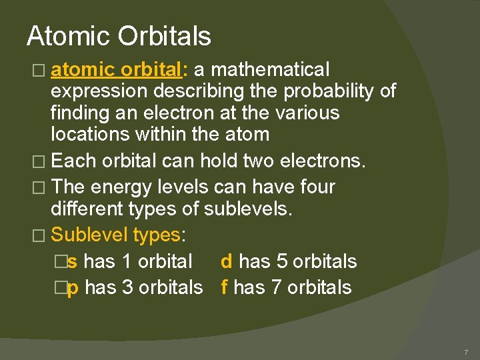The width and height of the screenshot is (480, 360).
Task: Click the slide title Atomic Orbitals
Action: click(119, 36)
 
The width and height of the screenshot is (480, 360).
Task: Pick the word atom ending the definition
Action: click(246, 134)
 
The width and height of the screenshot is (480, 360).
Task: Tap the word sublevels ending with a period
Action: click(248, 209)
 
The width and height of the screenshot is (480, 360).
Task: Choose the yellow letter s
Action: click(72, 261)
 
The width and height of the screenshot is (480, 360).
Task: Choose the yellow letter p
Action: click(73, 288)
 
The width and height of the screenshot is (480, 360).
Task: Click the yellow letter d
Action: click(227, 261)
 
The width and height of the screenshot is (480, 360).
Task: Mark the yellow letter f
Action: click(224, 287)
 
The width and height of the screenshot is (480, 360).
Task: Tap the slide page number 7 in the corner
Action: click(465, 351)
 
